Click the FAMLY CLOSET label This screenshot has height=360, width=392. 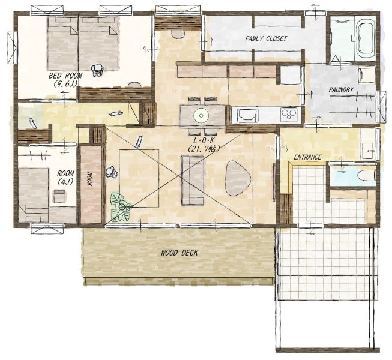tap(266, 38)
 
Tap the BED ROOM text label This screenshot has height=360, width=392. tap(65, 75)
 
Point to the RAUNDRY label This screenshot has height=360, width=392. tap(341, 89)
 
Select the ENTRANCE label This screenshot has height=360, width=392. tap(307, 157)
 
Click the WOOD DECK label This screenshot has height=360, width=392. tap(179, 253)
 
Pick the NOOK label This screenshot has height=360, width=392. tap(90, 180)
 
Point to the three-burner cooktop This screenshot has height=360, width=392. tap(289, 114)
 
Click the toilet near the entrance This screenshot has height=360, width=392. tap(367, 176)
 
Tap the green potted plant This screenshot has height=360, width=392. tap(121, 206)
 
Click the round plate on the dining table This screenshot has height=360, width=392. tap(201, 115)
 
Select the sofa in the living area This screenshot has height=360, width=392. tap(193, 181)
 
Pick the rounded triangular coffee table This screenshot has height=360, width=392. tap(237, 178)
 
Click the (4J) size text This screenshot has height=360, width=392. tap(65, 182)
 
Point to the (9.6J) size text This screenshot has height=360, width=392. tap(65, 83)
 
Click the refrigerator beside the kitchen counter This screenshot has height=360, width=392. tap(290, 74)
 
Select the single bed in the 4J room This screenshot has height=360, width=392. tap(34, 195)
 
